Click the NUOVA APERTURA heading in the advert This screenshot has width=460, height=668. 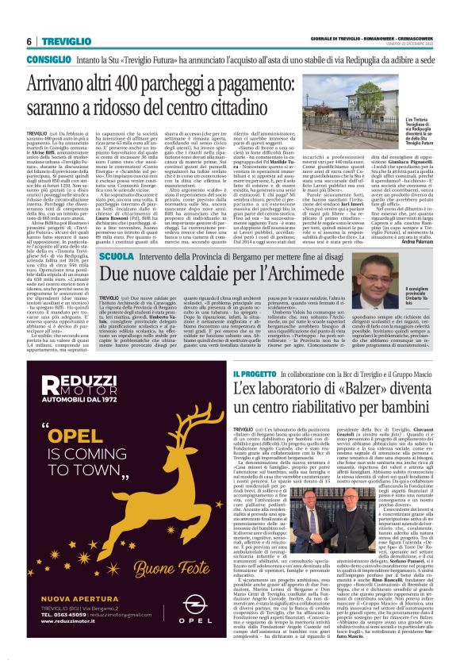click(x=71, y=598)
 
